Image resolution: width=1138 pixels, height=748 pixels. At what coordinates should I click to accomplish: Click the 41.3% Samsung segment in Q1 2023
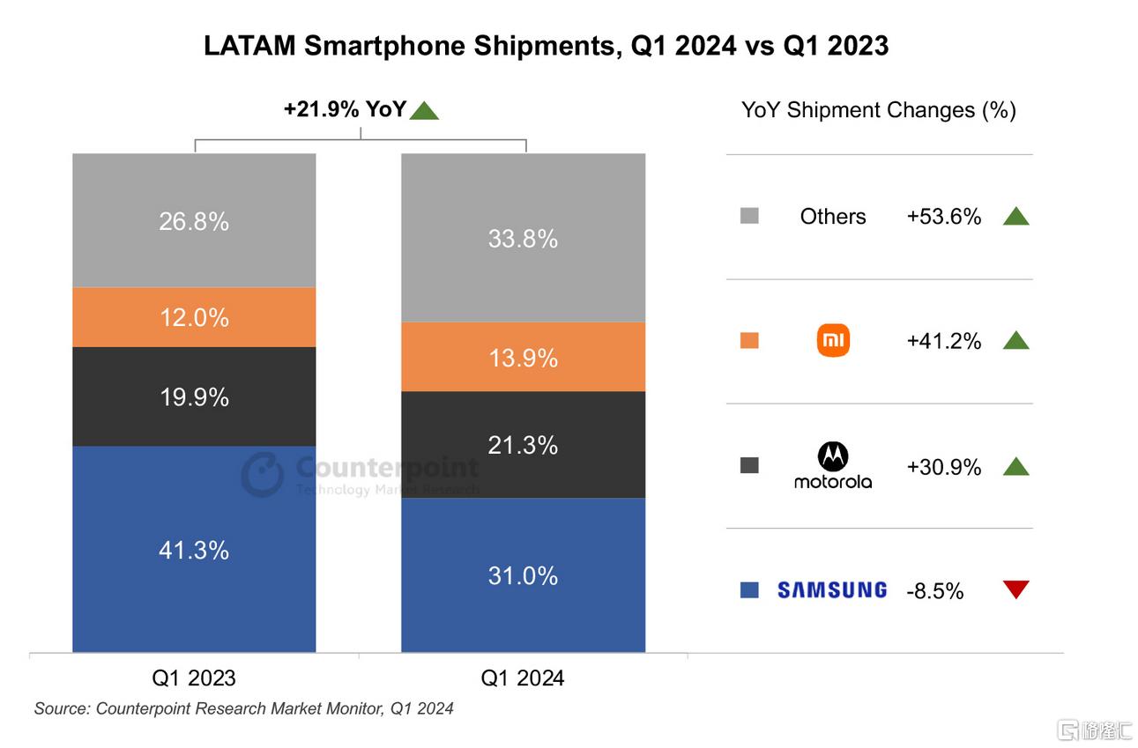[x=194, y=550]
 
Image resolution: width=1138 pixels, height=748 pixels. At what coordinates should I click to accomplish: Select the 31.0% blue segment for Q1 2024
[x=523, y=575]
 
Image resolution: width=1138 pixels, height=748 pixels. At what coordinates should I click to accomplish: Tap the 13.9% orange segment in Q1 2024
[x=523, y=357]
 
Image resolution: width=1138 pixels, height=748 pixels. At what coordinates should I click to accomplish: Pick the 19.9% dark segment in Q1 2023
[x=194, y=396]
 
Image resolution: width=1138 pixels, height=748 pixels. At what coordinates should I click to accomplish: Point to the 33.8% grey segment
[x=523, y=238]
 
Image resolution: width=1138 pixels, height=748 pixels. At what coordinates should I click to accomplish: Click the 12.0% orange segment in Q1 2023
[x=194, y=317]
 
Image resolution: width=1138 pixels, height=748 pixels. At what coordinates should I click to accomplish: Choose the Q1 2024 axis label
[x=523, y=678]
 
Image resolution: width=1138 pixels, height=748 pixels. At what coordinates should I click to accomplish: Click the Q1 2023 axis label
[x=194, y=678]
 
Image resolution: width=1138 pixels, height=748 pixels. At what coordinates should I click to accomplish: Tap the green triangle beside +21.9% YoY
[x=424, y=111]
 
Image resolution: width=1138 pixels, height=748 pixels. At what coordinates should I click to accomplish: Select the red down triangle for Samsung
[x=1015, y=589]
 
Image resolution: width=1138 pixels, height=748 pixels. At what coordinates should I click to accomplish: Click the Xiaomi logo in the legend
[x=833, y=340]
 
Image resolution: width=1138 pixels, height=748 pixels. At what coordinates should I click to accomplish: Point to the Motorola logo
[x=833, y=466]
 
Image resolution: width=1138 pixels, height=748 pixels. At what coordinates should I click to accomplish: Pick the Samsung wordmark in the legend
[x=832, y=590]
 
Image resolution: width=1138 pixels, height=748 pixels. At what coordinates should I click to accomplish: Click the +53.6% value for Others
[x=943, y=217]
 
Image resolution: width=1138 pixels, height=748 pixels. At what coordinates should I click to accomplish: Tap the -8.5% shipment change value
[x=934, y=591]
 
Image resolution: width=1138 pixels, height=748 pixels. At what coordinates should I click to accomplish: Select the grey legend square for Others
[x=749, y=216]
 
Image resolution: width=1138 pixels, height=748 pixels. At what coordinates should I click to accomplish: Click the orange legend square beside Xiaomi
[x=749, y=340]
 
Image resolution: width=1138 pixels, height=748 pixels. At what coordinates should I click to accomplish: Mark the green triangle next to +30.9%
[x=1015, y=466]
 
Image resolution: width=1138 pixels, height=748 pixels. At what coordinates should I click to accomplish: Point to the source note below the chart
[x=244, y=708]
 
